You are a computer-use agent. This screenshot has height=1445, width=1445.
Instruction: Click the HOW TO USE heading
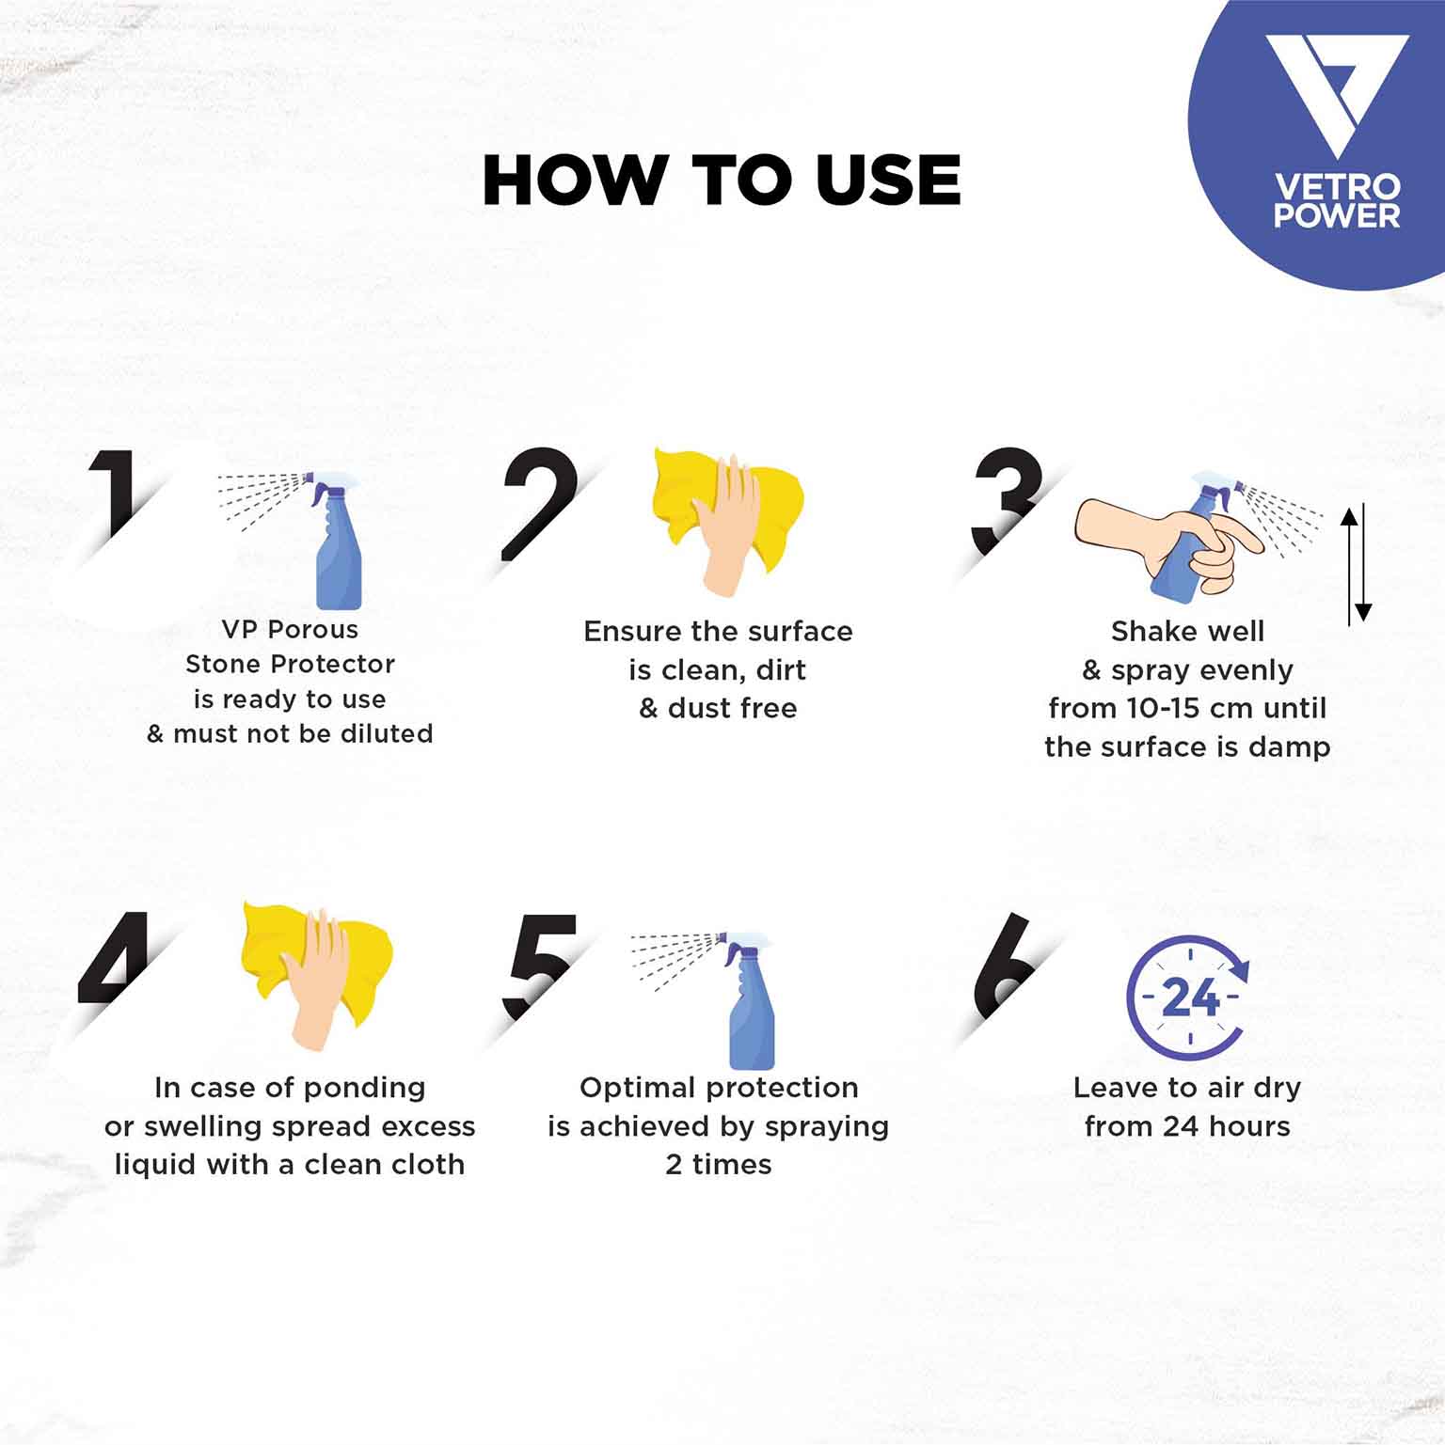[722, 180]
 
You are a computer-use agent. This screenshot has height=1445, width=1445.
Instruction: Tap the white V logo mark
[1336, 94]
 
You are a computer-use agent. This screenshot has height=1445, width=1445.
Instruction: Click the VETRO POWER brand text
[1337, 200]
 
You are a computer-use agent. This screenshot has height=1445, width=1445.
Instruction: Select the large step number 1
[115, 495]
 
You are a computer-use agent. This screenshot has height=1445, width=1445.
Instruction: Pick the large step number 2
[539, 504]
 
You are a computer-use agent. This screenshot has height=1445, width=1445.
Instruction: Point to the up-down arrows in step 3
[1356, 564]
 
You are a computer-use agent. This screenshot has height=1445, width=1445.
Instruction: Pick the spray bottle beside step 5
[750, 1001]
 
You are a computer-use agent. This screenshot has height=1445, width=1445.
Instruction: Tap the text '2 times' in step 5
[719, 1165]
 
